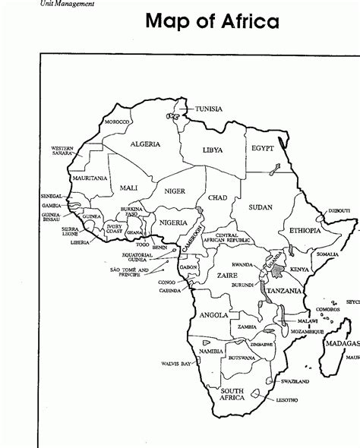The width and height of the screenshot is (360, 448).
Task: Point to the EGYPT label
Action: pyautogui.click(x=262, y=147)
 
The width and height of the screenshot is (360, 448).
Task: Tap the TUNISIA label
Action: pyautogui.click(x=208, y=109)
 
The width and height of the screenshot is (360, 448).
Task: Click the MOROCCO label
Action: pyautogui.click(x=118, y=122)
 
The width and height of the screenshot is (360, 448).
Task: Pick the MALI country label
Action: pyautogui.click(x=128, y=188)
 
